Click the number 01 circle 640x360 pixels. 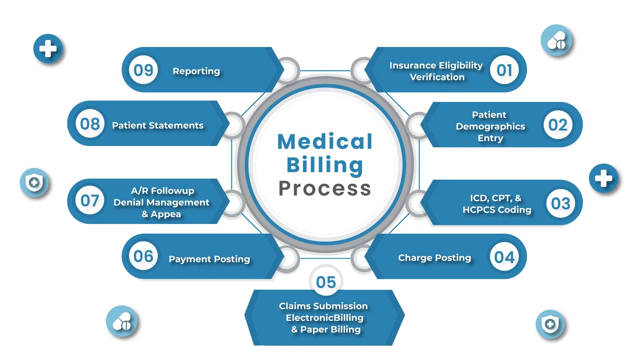point(504,70)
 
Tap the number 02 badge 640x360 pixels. point(558,125)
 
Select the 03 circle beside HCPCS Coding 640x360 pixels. point(561,203)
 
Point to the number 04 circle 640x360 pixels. point(504,257)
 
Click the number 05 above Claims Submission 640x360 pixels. point(326,282)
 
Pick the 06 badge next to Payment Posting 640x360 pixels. point(143,256)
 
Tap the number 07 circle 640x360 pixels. point(90,201)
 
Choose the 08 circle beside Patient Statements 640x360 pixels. point(90,124)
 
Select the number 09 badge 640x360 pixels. point(143,70)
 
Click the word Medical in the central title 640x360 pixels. point(325,142)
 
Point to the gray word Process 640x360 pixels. point(325,189)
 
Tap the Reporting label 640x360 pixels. point(196,71)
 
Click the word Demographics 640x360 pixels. point(490,126)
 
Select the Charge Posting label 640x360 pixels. point(435,258)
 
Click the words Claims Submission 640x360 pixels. point(323,306)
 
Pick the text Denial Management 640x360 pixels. point(161,202)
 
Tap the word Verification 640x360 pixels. point(437,77)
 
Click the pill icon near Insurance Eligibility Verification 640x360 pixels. point(556,40)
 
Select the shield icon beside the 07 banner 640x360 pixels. point(34,182)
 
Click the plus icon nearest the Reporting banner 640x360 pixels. point(48,49)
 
